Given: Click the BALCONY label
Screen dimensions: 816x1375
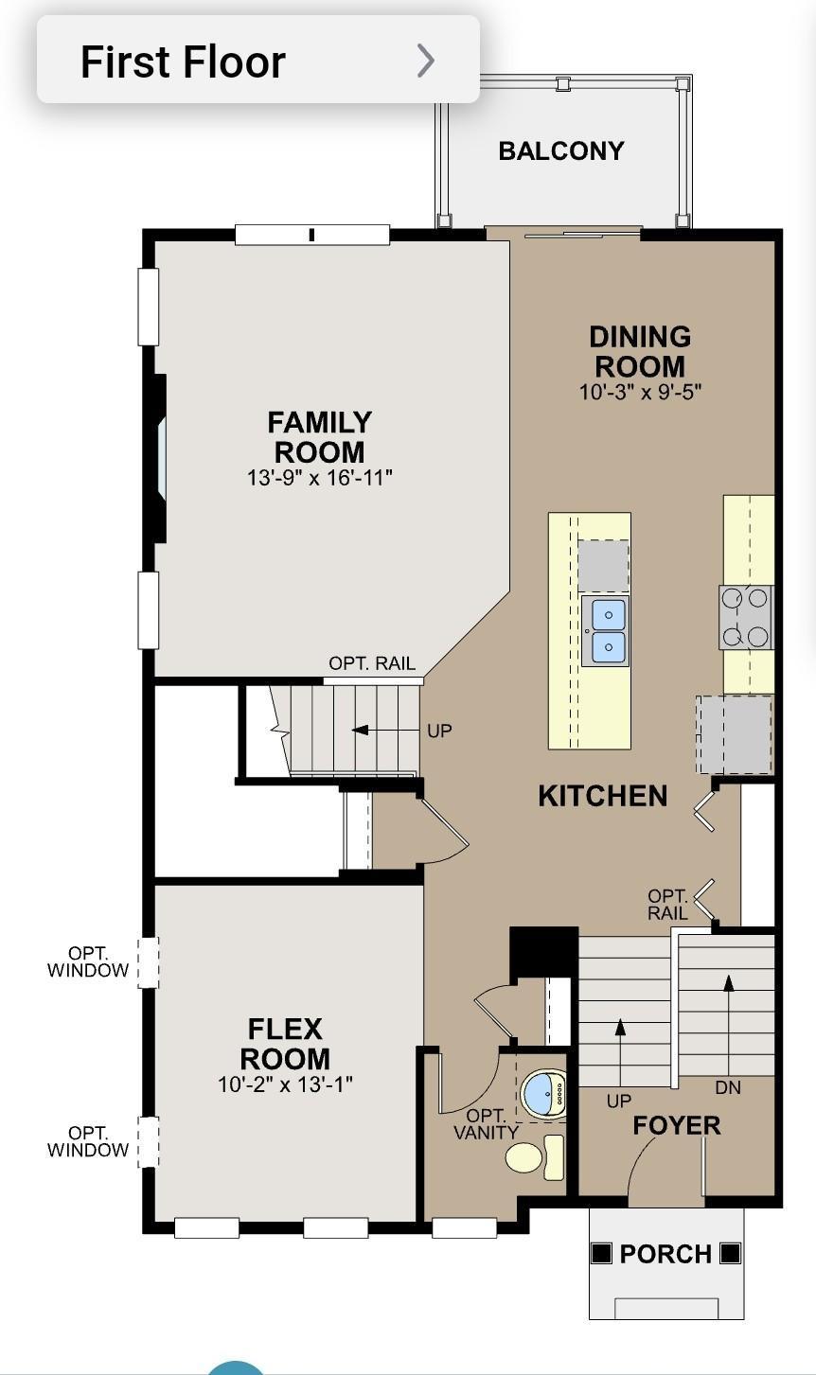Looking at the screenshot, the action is click(x=561, y=151).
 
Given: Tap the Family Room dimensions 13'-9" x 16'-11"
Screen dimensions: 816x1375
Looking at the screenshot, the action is click(x=319, y=478).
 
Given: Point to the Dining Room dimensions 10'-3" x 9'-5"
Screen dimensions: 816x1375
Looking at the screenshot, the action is click(x=640, y=392).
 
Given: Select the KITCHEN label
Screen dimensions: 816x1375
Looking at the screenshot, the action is click(x=602, y=796).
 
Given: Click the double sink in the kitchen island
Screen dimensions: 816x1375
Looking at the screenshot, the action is click(x=605, y=630).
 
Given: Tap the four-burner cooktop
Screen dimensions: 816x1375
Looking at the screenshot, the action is click(x=745, y=617).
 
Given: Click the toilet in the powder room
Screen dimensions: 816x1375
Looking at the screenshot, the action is click(x=535, y=1157).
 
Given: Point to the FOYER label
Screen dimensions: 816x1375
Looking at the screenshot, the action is click(x=677, y=1126).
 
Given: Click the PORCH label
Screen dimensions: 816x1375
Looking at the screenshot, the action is click(x=665, y=1254).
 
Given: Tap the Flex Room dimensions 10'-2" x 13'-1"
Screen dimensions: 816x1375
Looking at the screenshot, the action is click(x=286, y=1084).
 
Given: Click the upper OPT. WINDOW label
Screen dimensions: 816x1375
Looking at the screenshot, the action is click(x=88, y=961).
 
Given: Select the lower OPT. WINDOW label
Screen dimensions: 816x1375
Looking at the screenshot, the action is click(x=88, y=1141).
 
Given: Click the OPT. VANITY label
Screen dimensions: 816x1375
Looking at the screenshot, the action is click(x=486, y=1124).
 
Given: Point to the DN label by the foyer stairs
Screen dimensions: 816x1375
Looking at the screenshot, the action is click(x=728, y=1087).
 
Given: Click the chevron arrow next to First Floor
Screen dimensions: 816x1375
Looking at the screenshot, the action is click(x=426, y=61).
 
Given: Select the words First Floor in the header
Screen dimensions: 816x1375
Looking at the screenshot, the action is click(x=183, y=62).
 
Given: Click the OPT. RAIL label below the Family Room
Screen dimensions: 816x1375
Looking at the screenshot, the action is click(x=372, y=663).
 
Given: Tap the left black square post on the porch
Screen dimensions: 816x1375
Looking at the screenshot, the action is click(x=602, y=1253).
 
